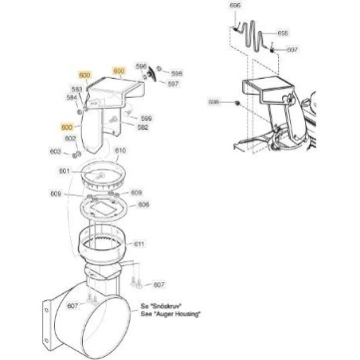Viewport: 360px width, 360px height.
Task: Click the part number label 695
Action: tap(283, 33)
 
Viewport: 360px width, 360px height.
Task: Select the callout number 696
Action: tap(234, 6)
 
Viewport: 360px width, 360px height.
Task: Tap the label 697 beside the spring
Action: tap(292, 49)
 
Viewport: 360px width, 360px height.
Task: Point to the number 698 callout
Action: tap(213, 103)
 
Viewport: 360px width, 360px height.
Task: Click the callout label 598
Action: tap(177, 72)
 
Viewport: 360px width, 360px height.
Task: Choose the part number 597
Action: tap(173, 82)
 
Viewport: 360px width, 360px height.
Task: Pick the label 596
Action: tap(142, 66)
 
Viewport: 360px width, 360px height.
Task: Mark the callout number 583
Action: tap(77, 89)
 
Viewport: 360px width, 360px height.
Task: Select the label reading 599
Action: tap(147, 118)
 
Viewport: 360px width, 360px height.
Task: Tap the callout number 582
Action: tap(143, 127)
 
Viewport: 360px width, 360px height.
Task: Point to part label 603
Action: tap(55, 151)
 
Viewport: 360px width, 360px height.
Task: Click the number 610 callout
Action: tap(120, 151)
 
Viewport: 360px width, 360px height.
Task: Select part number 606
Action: tap(143, 205)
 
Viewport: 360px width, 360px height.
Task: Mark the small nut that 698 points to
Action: tap(237, 104)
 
